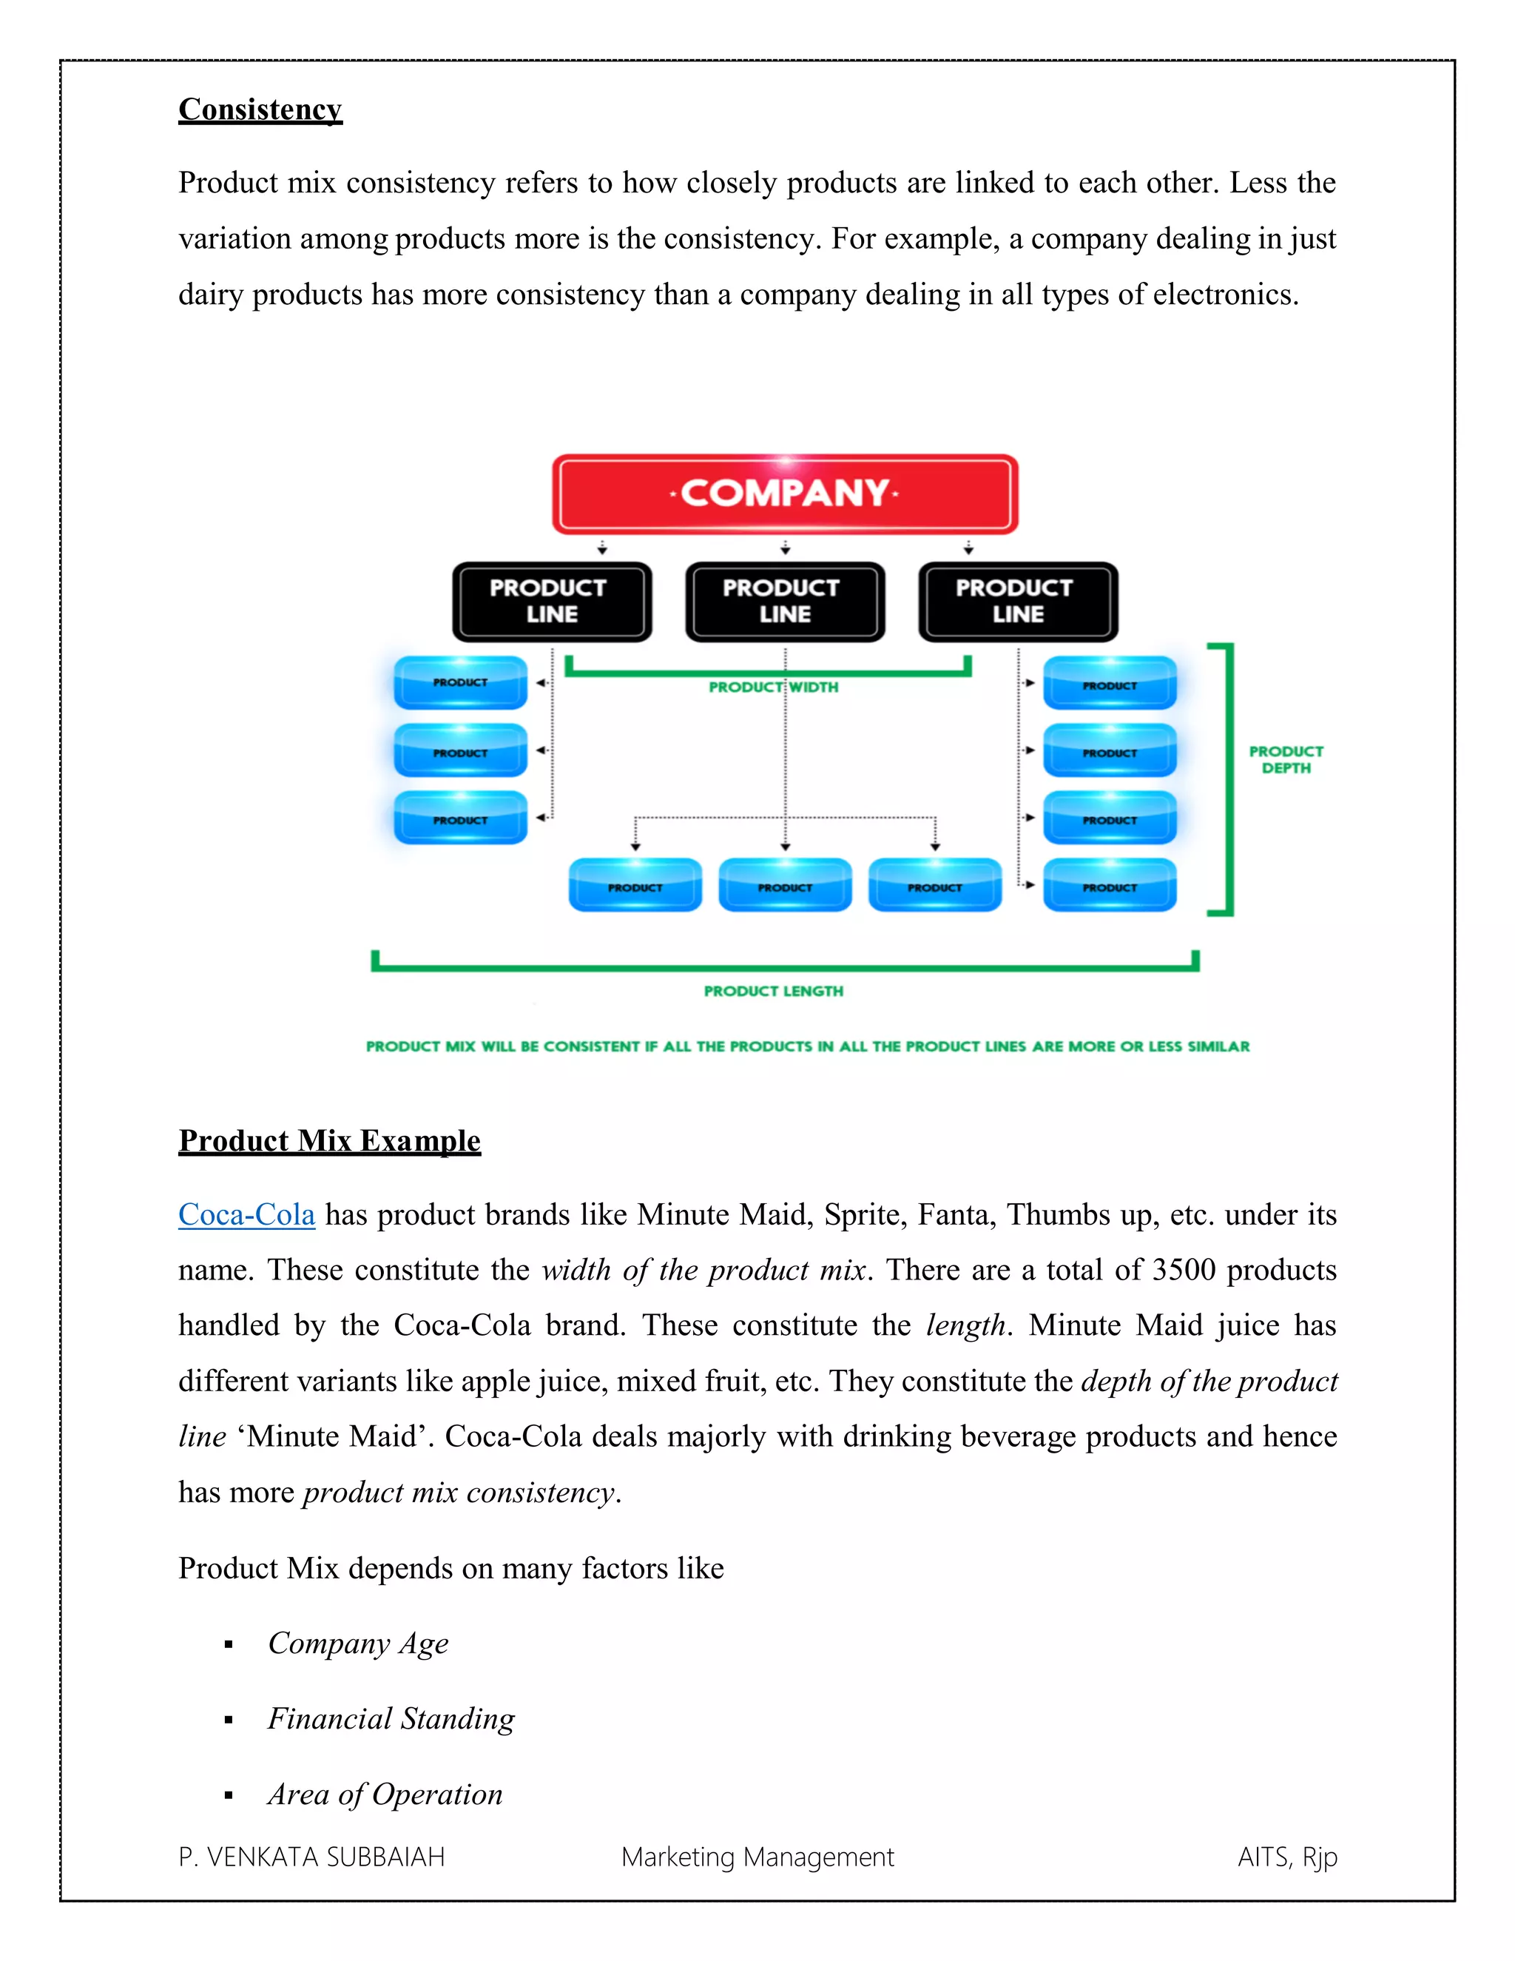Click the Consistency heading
(260, 110)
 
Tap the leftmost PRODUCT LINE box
(551, 602)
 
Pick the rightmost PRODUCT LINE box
(1018, 602)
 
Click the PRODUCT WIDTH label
(773, 687)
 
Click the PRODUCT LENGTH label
(773, 992)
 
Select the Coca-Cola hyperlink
(247, 1215)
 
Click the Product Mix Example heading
(329, 1141)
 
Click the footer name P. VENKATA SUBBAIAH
(311, 1857)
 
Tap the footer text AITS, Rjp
(1287, 1857)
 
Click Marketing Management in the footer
(757, 1857)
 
